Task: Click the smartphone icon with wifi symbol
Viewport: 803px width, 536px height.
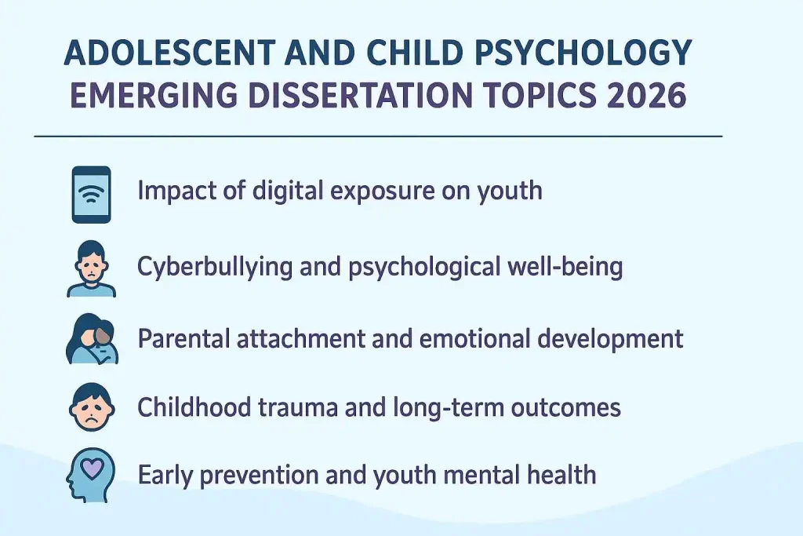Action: coord(92,195)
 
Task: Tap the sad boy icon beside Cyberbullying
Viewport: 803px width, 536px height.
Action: coord(92,269)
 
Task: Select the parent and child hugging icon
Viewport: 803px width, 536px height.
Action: coord(92,339)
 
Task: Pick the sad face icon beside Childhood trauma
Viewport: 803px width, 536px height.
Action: coord(92,407)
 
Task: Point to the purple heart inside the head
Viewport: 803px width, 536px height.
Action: coord(93,469)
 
